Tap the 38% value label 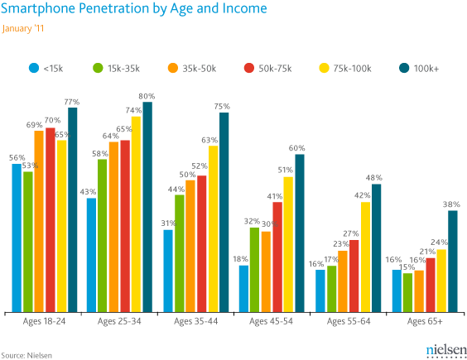coord(452,204)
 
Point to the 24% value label coord(440,242)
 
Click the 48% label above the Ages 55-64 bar coord(373,178)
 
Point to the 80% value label coord(147,97)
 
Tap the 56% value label coord(17,158)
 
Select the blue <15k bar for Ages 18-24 coord(16,240)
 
